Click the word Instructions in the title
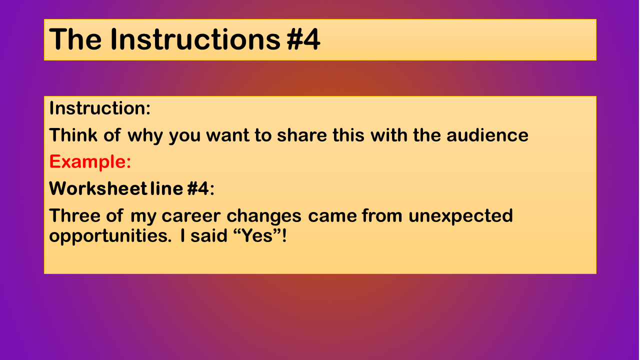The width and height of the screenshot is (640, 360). tap(195, 39)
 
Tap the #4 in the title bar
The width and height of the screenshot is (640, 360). tap(303, 39)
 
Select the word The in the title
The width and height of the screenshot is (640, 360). tap(75, 39)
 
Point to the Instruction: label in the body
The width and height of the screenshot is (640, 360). tap(99, 108)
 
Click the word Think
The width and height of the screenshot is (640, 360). tap(73, 135)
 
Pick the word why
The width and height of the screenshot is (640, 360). tap(145, 136)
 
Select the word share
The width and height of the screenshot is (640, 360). tap(301, 135)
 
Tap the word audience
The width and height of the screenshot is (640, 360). tap(487, 135)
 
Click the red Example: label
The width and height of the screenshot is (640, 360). tap(90, 162)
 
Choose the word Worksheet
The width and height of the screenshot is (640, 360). tap(98, 188)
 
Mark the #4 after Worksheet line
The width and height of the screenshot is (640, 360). tap(198, 188)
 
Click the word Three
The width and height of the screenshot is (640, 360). tap(74, 215)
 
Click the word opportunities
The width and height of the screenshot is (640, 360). tap(110, 236)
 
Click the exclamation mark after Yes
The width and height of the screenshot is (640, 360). tap(283, 235)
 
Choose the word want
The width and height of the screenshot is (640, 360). tap(227, 135)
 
